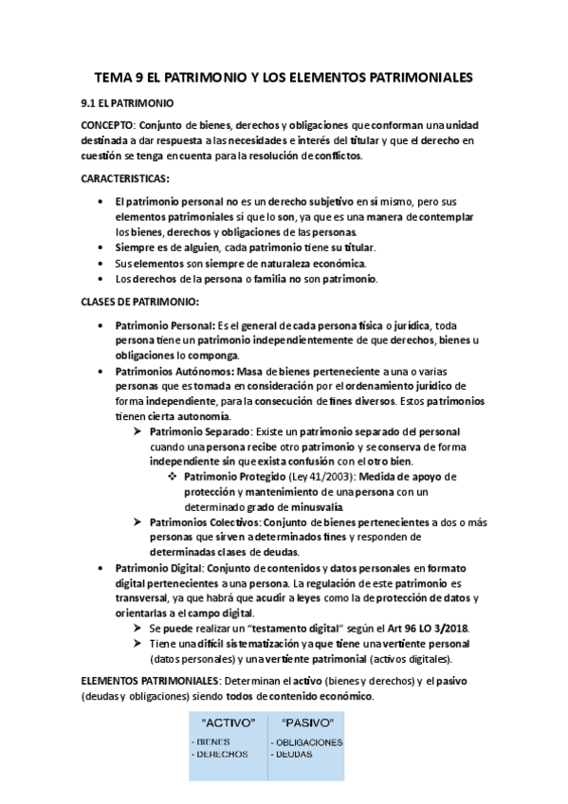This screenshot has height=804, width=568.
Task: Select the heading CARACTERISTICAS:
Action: (125, 178)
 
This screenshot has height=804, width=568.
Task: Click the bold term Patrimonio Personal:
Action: (165, 325)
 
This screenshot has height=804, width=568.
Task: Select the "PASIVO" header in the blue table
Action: (302, 723)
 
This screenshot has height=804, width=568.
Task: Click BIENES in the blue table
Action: (212, 741)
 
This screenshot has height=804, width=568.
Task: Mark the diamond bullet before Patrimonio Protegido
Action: (172, 476)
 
